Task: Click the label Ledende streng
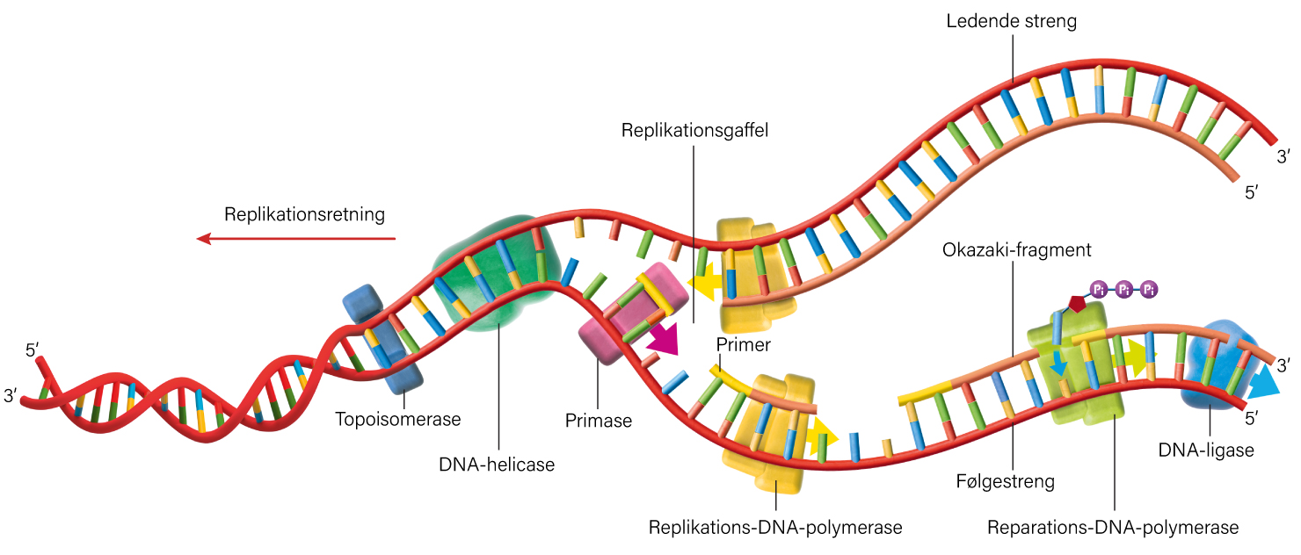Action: coord(1011,21)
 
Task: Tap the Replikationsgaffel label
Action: coord(694,131)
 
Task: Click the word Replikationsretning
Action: coord(305,214)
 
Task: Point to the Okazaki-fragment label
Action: coord(1016,250)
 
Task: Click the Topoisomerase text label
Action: coord(398,419)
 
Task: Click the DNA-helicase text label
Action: coord(497,465)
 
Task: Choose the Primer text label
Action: coord(743,345)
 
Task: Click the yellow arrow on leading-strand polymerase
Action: coord(705,284)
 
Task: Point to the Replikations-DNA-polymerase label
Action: coord(775,528)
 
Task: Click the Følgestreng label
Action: coord(1005,481)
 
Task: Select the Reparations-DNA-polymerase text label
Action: coord(1113,528)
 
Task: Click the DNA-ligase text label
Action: coord(1205,450)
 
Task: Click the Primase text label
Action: coord(599,421)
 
